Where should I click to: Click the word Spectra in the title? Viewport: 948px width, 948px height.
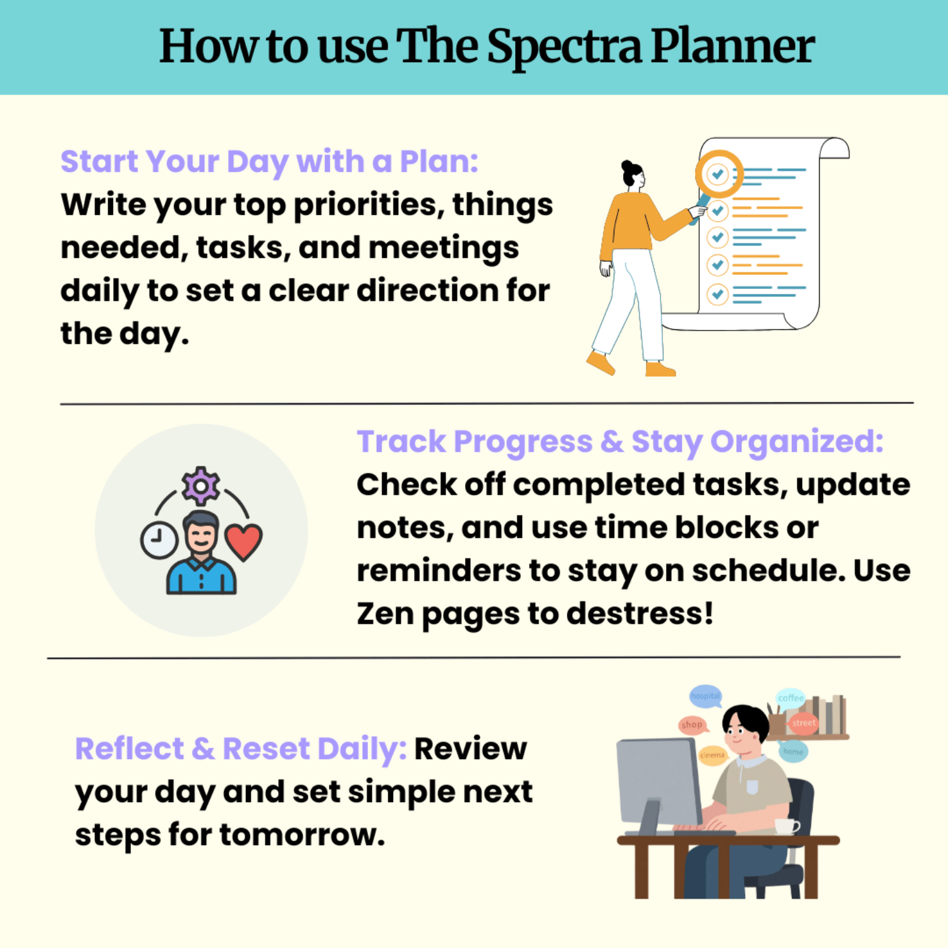pos(564,48)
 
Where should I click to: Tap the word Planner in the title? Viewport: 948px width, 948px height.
pos(732,47)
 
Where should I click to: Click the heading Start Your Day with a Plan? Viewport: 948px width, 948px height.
pos(269,161)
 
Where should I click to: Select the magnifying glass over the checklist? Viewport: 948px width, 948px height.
pos(719,174)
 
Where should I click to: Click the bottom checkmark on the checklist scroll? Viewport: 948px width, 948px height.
pos(717,294)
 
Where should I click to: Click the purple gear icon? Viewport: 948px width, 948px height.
pos(201,485)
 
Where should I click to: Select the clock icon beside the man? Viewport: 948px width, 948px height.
pos(159,540)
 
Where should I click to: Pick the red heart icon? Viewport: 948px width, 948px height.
pos(244,541)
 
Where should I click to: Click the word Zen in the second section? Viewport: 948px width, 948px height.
pos(385,614)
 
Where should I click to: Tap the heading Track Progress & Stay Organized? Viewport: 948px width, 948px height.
pos(620,441)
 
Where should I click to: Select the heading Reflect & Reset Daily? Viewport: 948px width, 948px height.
pos(241,749)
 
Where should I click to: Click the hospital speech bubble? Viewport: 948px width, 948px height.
pos(705,696)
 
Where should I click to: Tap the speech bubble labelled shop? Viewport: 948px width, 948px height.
pos(692,725)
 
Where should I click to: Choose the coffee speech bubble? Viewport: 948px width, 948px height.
pos(791,698)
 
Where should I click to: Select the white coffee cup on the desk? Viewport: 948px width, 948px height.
pos(786,826)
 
